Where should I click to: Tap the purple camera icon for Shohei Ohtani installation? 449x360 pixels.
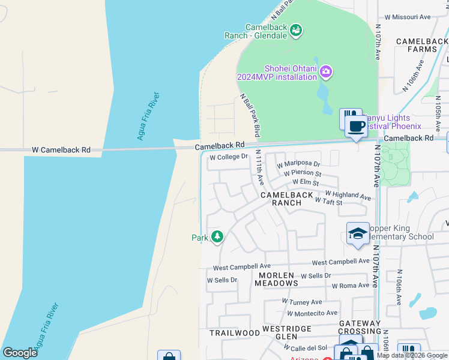coord(326,73)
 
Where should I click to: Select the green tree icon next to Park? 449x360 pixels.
coord(217,238)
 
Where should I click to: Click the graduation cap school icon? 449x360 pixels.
coord(357,233)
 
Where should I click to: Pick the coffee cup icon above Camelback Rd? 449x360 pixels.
coord(356,126)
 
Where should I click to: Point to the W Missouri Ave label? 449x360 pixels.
coord(408,17)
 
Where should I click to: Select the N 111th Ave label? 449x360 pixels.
coord(260,166)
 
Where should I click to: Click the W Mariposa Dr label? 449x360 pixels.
coord(298,164)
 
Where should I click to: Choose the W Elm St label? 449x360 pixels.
coord(306,182)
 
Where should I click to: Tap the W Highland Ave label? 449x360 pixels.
coord(348,195)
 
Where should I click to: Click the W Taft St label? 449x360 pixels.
coord(328,202)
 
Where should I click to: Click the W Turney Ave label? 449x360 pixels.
coord(302,302)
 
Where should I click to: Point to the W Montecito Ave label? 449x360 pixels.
coord(312,313)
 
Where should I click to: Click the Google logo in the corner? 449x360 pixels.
coord(20,353)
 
